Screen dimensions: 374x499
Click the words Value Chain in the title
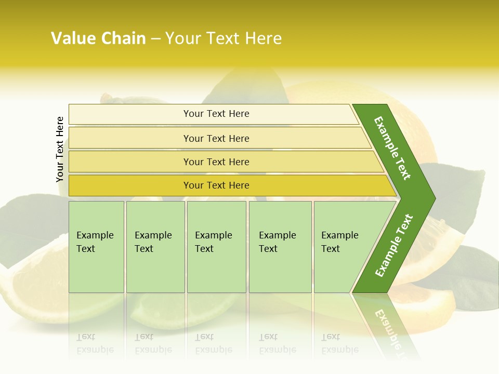point(98,38)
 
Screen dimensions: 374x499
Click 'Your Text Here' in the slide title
point(224,38)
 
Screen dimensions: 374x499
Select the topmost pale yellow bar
point(216,114)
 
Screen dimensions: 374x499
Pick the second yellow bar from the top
point(216,138)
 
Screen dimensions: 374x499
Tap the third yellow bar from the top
point(216,162)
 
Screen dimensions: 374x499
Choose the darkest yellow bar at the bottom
point(216,185)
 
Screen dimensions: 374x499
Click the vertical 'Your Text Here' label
point(60,149)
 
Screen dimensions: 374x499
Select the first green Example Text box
point(96,246)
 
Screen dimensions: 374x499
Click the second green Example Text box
point(155,246)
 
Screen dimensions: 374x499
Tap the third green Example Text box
point(216,246)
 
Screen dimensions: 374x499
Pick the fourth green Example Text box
point(280,246)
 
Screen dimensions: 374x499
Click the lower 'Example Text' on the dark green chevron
point(394,245)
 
